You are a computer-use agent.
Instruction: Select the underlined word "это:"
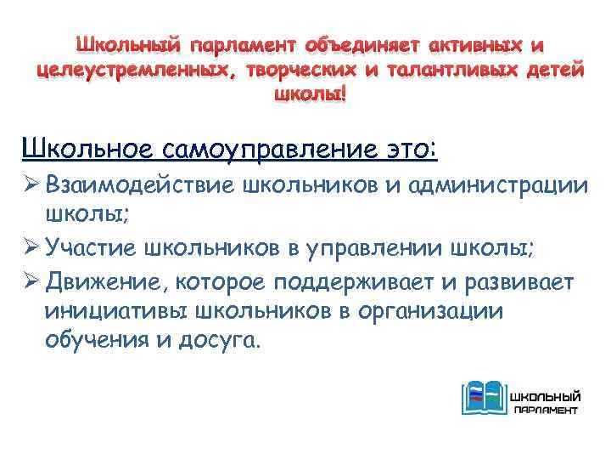click(x=413, y=151)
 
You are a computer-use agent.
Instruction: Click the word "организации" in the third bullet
click(x=429, y=312)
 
